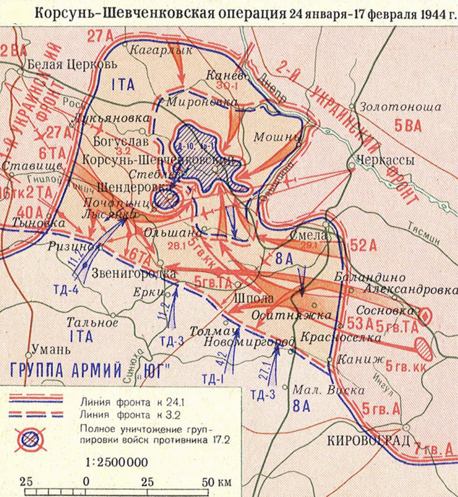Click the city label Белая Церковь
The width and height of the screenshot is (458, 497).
coord(72,64)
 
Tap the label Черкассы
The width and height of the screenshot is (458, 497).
coord(385,160)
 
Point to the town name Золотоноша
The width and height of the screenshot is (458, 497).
coord(400,107)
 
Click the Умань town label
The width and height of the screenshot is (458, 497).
coord(51,349)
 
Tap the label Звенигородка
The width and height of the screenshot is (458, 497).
coord(134,273)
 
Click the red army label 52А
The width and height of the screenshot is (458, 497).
coord(363,246)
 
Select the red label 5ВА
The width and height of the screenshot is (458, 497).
coord(408,126)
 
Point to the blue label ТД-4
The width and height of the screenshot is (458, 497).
coord(66,290)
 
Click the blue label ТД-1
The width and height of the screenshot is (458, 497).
coord(213,379)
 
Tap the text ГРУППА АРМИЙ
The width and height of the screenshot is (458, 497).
coord(66,370)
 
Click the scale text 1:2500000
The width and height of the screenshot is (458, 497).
coord(117,462)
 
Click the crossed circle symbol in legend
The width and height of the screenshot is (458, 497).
coord(30,439)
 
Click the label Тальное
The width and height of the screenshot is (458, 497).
coord(92,323)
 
